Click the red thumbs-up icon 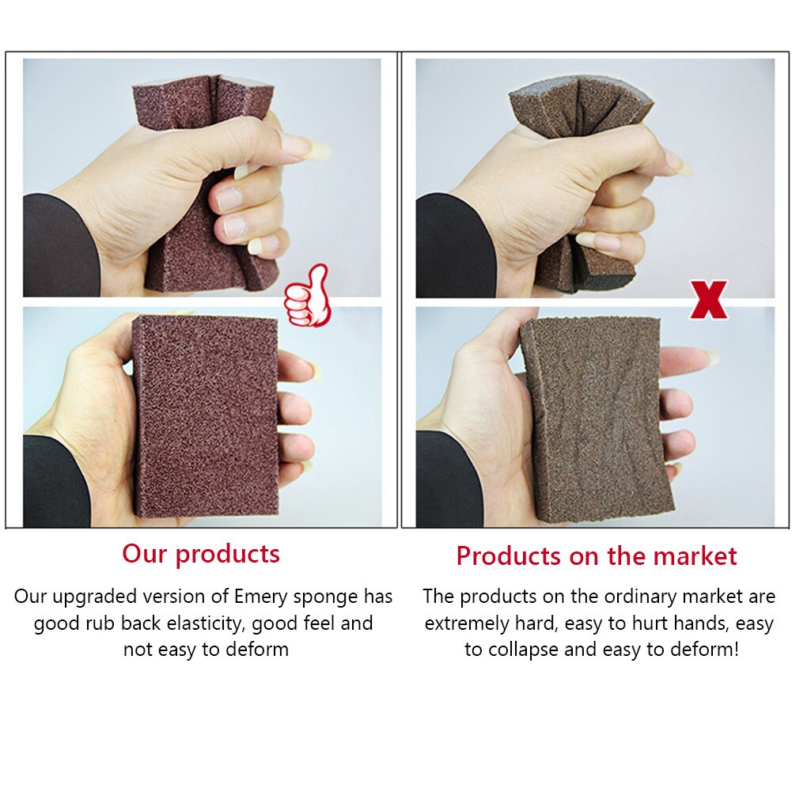[307, 297]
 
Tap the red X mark [708, 301]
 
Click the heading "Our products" [201, 554]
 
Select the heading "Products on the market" [597, 556]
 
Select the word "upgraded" [93, 597]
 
